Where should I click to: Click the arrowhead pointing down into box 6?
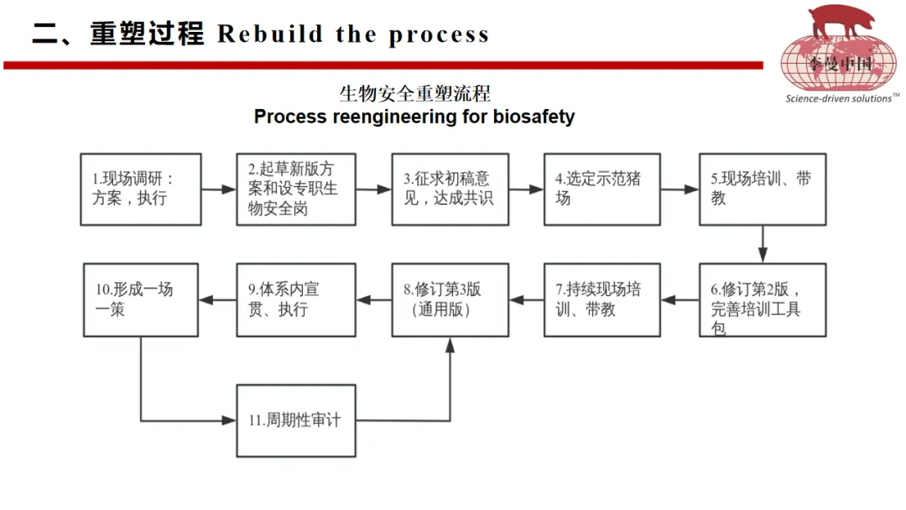(763, 256)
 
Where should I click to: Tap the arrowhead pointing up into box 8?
(450, 345)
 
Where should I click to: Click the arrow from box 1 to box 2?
(219, 189)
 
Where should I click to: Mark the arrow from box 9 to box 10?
(217, 299)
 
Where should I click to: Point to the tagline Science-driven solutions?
(838, 99)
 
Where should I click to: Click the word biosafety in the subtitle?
(534, 117)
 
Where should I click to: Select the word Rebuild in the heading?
(270, 34)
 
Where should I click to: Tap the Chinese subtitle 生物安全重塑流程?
(415, 93)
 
